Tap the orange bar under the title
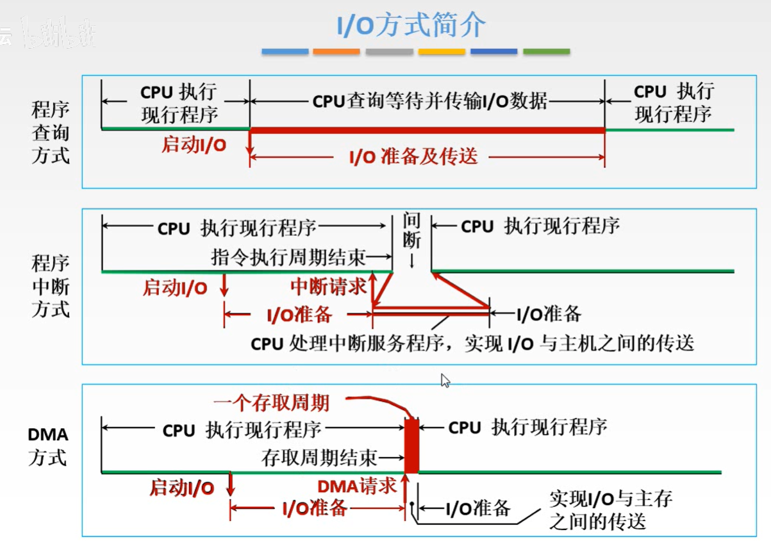coord(336,51)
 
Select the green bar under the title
coord(546,51)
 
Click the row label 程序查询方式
coord(50,133)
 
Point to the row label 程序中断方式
coord(50,286)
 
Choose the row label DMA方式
coord(47,447)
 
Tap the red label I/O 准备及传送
coord(413,156)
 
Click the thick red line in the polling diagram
coord(427,130)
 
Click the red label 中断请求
coord(328,286)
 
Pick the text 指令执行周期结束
coord(288,257)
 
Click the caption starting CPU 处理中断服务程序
coord(472,343)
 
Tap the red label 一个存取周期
coord(271,402)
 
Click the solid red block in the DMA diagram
coord(411,445)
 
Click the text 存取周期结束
coord(319,458)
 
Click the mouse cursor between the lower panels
coord(445,381)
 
